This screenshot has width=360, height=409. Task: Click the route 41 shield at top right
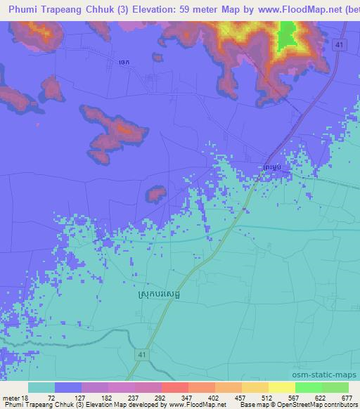click(x=340, y=44)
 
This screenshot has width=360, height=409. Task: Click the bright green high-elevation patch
click(x=286, y=36)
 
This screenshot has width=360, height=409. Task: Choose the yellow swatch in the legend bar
click(x=281, y=387)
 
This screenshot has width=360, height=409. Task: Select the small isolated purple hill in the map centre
click(x=155, y=191)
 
